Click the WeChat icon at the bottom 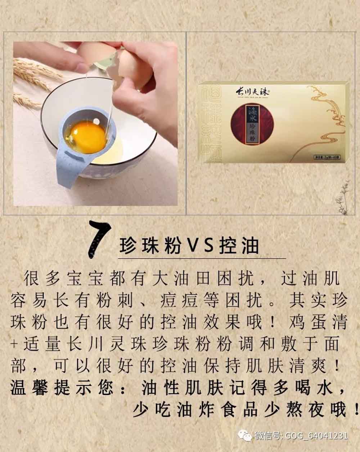tap(247, 436)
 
